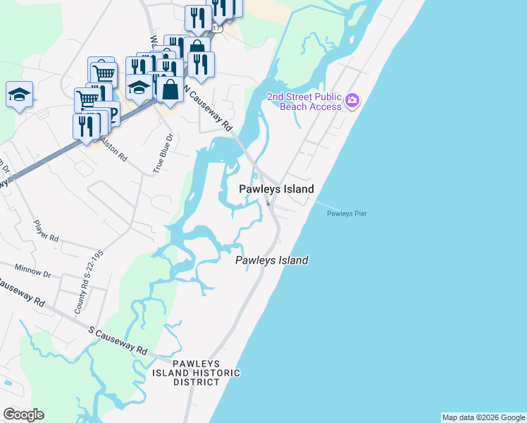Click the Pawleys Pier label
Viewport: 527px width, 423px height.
tap(347, 214)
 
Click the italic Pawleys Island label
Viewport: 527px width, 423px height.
tap(271, 260)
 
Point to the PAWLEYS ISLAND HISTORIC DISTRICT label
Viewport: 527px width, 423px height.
tap(197, 372)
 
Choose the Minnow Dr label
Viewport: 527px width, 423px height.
tap(32, 272)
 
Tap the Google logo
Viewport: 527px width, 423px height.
tap(23, 415)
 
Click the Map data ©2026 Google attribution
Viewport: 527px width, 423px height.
tap(483, 417)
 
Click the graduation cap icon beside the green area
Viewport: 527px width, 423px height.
tap(19, 94)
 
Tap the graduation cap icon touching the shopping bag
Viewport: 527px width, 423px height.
tap(139, 87)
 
